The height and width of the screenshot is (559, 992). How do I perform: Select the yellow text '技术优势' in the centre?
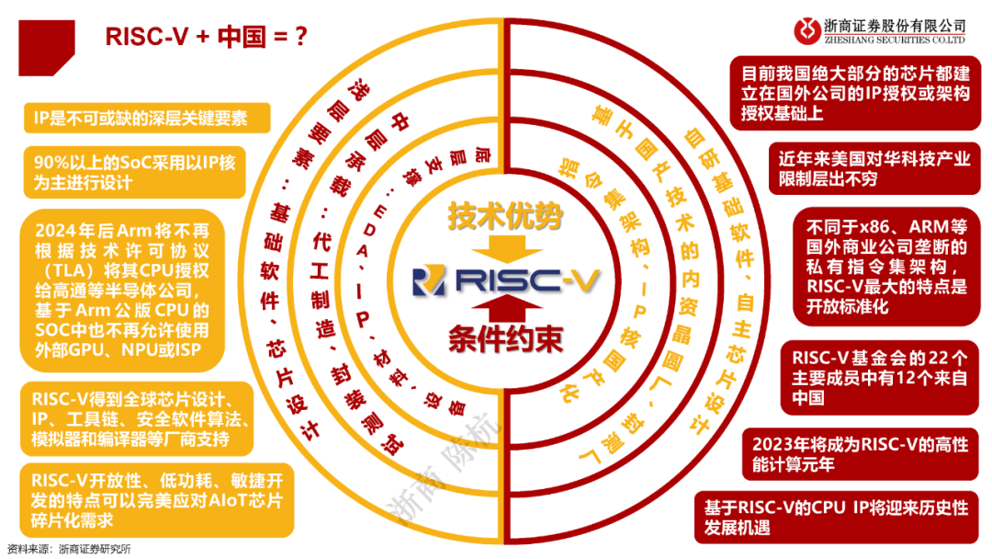pos(503,217)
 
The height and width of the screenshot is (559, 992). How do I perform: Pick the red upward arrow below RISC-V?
pos(503,309)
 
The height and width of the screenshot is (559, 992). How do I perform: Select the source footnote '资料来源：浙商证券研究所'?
pos(69,550)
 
